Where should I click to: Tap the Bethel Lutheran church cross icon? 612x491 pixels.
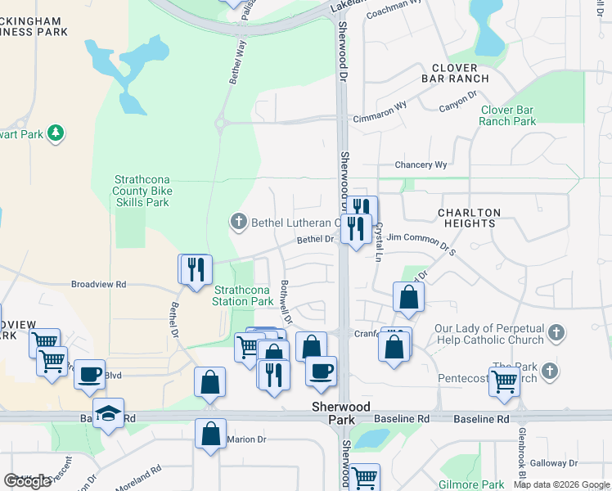pyautogui.click(x=238, y=221)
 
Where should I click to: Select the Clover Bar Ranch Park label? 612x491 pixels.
pyautogui.click(x=507, y=115)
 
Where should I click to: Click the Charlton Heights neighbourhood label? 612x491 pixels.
pyautogui.click(x=468, y=218)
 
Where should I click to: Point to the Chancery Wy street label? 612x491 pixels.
pyautogui.click(x=421, y=164)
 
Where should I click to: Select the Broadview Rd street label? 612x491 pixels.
pyautogui.click(x=98, y=284)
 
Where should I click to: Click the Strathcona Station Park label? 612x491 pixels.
pyautogui.click(x=243, y=295)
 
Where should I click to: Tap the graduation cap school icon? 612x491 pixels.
pyautogui.click(x=107, y=415)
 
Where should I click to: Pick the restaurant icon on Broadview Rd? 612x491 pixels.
pyautogui.click(x=196, y=269)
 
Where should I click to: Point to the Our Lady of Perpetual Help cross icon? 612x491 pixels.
pyautogui.click(x=556, y=332)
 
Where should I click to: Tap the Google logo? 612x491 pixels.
pyautogui.click(x=28, y=481)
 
